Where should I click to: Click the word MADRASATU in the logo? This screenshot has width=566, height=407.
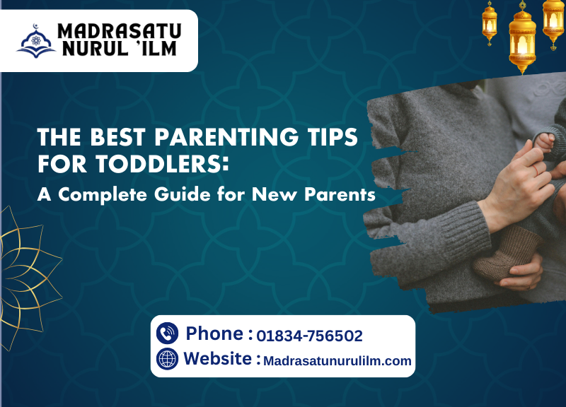coord(119,31)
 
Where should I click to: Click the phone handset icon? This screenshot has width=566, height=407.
coord(167,333)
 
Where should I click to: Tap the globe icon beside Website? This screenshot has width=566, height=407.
coord(167,359)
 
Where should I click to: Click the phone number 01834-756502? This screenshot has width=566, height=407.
coord(310,336)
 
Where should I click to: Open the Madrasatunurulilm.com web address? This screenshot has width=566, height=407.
coord(337,360)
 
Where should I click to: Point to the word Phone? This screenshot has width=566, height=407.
coord(215,334)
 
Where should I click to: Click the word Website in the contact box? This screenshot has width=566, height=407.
coord(217,359)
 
